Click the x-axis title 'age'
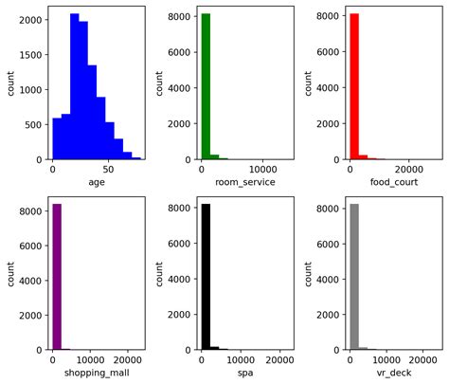tap(96, 182)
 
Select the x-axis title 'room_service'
tap(245, 182)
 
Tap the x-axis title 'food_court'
tap(394, 182)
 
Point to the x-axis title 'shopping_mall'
tap(96, 373)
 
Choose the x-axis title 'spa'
tap(245, 373)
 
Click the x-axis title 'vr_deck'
tap(394, 373)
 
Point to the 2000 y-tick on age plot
tap(30, 20)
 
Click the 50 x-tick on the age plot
tap(108, 169)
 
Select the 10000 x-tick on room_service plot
tap(262, 169)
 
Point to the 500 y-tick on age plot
tap(34, 124)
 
